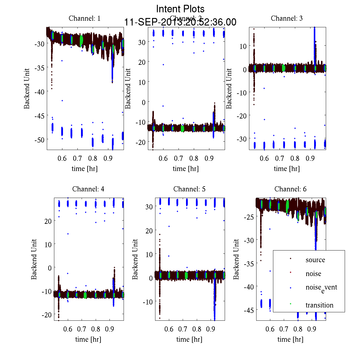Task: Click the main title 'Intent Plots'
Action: pos(180,9)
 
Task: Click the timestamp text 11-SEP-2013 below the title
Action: pos(180,22)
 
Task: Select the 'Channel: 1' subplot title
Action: pos(85,18)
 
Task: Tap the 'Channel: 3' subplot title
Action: pos(287,18)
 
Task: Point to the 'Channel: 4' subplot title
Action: pos(88,189)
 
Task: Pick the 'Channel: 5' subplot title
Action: pos(189,189)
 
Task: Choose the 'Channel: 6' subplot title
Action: pos(290,189)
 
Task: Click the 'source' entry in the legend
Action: pos(315,260)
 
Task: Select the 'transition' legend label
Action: pos(319,305)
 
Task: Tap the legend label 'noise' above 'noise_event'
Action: pos(313,274)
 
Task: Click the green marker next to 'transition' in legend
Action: pos(290,304)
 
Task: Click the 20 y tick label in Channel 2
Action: pos(142,62)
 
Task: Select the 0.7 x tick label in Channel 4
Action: pos(82,329)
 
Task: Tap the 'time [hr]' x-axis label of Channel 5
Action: pos(189,339)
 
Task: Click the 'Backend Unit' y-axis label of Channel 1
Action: pos(27,88)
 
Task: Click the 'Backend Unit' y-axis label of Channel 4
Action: pos(34,259)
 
